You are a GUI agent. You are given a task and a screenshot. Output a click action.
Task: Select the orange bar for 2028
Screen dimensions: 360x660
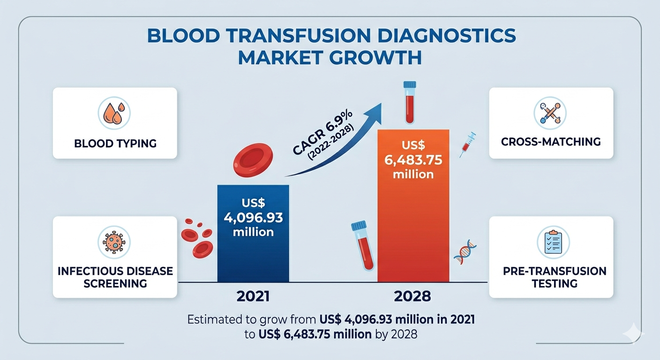(413, 234)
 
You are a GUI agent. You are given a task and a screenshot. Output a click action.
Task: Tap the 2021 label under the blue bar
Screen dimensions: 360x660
(253, 296)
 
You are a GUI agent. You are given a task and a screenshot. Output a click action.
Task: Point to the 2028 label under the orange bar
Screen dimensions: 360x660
(413, 296)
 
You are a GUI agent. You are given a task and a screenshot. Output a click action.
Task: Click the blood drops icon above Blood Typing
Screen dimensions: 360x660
(114, 113)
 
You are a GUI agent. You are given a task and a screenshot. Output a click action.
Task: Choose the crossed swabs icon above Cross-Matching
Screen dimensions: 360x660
(550, 113)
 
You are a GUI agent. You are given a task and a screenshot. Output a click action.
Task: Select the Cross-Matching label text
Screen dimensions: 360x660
(551, 141)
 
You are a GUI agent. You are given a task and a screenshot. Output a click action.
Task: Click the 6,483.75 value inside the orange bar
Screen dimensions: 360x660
(413, 159)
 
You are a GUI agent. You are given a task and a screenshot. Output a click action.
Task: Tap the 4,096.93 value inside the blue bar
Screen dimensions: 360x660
(253, 218)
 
